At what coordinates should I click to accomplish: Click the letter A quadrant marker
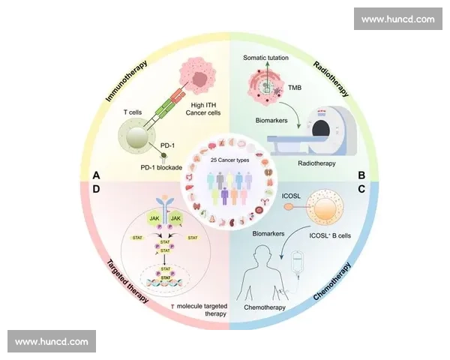pyautogui.click(x=95, y=175)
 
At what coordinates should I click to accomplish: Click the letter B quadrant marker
pyautogui.click(x=361, y=176)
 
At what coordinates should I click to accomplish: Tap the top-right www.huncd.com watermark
pyautogui.click(x=397, y=19)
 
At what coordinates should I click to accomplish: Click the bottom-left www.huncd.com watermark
pyautogui.click(x=51, y=341)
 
